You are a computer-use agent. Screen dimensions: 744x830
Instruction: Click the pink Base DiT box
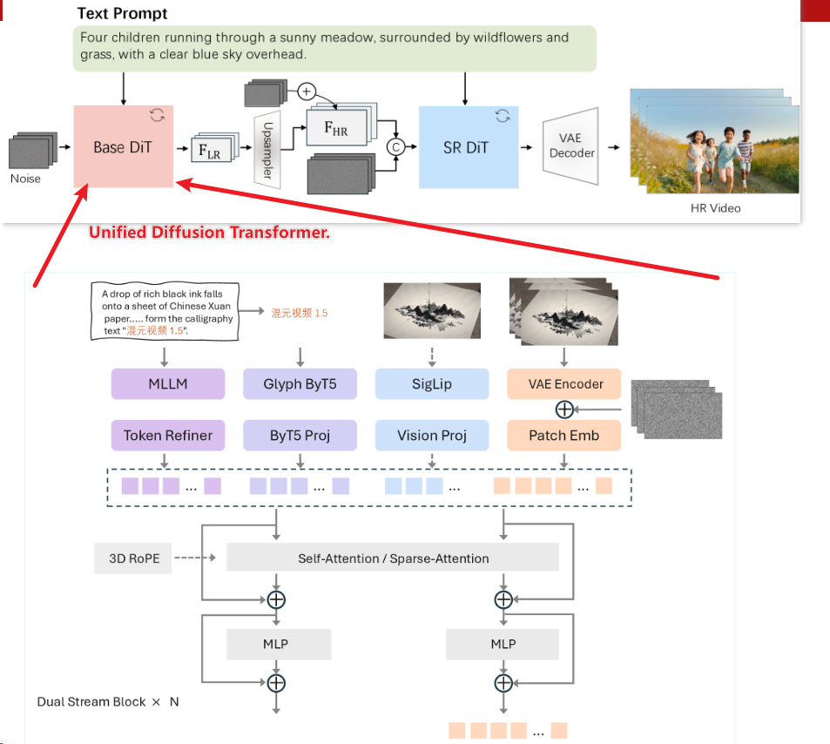click(123, 146)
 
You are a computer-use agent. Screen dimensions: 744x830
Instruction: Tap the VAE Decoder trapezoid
click(571, 146)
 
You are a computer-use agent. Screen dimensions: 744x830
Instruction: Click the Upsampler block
click(267, 148)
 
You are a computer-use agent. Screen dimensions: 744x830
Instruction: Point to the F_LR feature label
click(209, 150)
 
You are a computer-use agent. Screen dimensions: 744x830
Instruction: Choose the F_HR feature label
click(335, 128)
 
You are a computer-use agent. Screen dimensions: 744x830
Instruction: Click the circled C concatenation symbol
click(396, 147)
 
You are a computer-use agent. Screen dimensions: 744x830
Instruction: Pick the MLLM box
click(168, 383)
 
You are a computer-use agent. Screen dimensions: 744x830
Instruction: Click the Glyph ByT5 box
click(300, 383)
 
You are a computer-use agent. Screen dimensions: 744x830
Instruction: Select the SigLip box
click(432, 383)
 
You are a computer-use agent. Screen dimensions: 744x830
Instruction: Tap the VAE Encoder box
click(564, 383)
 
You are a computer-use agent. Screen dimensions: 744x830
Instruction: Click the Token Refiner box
click(168, 436)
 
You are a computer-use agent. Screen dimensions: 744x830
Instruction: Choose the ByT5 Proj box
click(300, 436)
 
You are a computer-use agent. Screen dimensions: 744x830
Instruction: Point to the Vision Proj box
click(432, 436)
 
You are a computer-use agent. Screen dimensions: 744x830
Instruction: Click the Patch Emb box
click(564, 436)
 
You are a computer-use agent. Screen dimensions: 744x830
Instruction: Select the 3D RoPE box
click(134, 558)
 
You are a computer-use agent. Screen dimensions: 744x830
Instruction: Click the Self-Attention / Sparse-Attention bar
click(393, 558)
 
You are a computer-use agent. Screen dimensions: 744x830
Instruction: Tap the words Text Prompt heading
click(123, 14)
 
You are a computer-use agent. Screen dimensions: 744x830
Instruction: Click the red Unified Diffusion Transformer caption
click(209, 233)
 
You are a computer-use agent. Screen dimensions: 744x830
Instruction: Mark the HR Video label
click(715, 209)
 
